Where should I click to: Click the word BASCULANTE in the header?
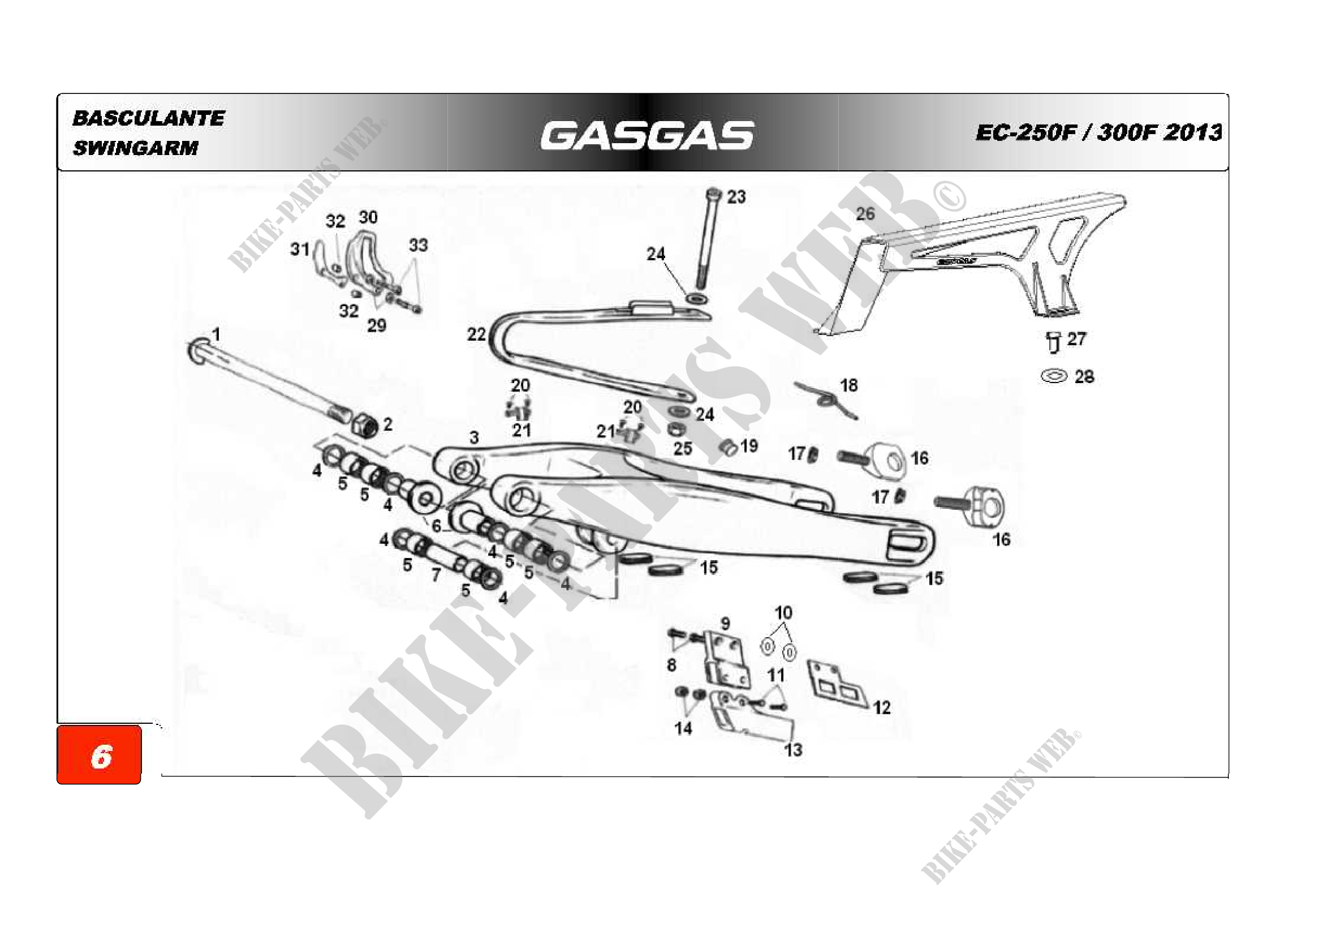pyautogui.click(x=148, y=118)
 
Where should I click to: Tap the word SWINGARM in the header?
pyautogui.click(x=135, y=148)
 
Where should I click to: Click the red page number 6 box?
pyautogui.click(x=99, y=755)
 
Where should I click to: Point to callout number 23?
pyautogui.click(x=736, y=197)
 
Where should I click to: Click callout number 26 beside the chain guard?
pyautogui.click(x=865, y=214)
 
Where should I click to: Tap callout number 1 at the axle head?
pyautogui.click(x=216, y=334)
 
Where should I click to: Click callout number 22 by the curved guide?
pyautogui.click(x=476, y=334)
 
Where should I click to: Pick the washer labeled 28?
pyautogui.click(x=1054, y=377)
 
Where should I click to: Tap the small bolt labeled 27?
pyautogui.click(x=1053, y=342)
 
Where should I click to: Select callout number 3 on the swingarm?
pyautogui.click(x=473, y=438)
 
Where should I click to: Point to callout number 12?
pyautogui.click(x=882, y=708)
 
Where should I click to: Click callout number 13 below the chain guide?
pyautogui.click(x=793, y=750)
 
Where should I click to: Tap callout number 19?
pyautogui.click(x=748, y=446)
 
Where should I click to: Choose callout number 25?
pyautogui.click(x=683, y=448)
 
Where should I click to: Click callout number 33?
pyautogui.click(x=419, y=246)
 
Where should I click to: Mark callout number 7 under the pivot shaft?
pyautogui.click(x=436, y=574)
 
